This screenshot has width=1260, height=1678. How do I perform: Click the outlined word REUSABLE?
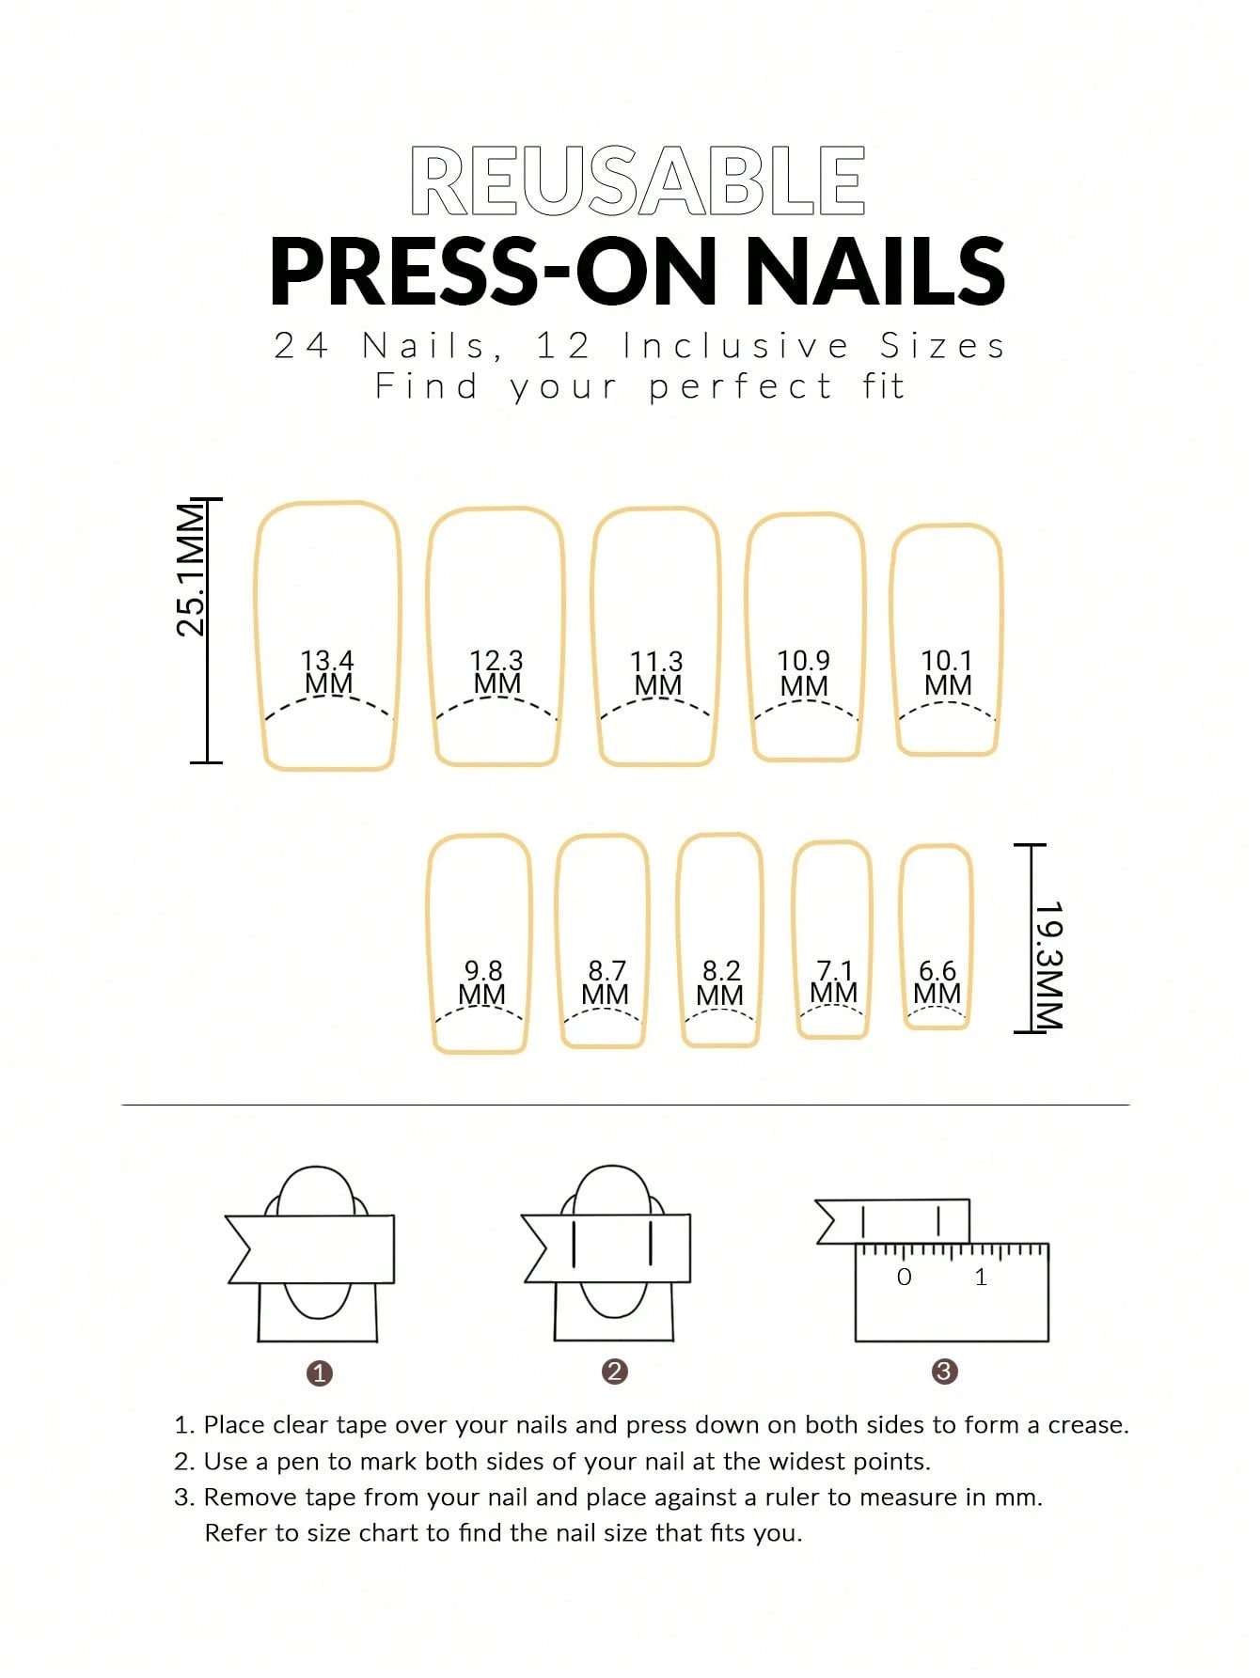(638, 180)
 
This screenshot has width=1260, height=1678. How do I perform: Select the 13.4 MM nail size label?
(328, 672)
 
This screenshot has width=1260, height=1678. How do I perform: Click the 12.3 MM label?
(496, 672)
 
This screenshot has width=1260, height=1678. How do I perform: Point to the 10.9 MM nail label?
(804, 673)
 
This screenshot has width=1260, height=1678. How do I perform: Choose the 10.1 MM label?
(947, 673)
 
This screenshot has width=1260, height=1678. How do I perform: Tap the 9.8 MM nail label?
(482, 981)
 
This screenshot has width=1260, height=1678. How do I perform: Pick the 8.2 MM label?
(720, 982)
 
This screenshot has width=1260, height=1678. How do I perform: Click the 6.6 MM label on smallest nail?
(937, 981)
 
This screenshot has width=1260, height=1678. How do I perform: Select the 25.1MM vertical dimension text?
(191, 570)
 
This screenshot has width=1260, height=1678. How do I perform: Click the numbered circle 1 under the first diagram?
(320, 1373)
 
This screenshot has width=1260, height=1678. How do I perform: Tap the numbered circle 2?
(614, 1372)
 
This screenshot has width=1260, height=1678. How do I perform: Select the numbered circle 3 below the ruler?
(944, 1372)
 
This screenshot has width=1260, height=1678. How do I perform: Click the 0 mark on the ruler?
(904, 1277)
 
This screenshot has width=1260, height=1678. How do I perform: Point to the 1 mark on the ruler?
(981, 1277)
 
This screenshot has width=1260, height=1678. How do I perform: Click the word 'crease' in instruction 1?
(1086, 1425)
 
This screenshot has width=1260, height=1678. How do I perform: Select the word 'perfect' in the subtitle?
(740, 386)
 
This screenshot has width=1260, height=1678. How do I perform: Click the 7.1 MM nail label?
(834, 981)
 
